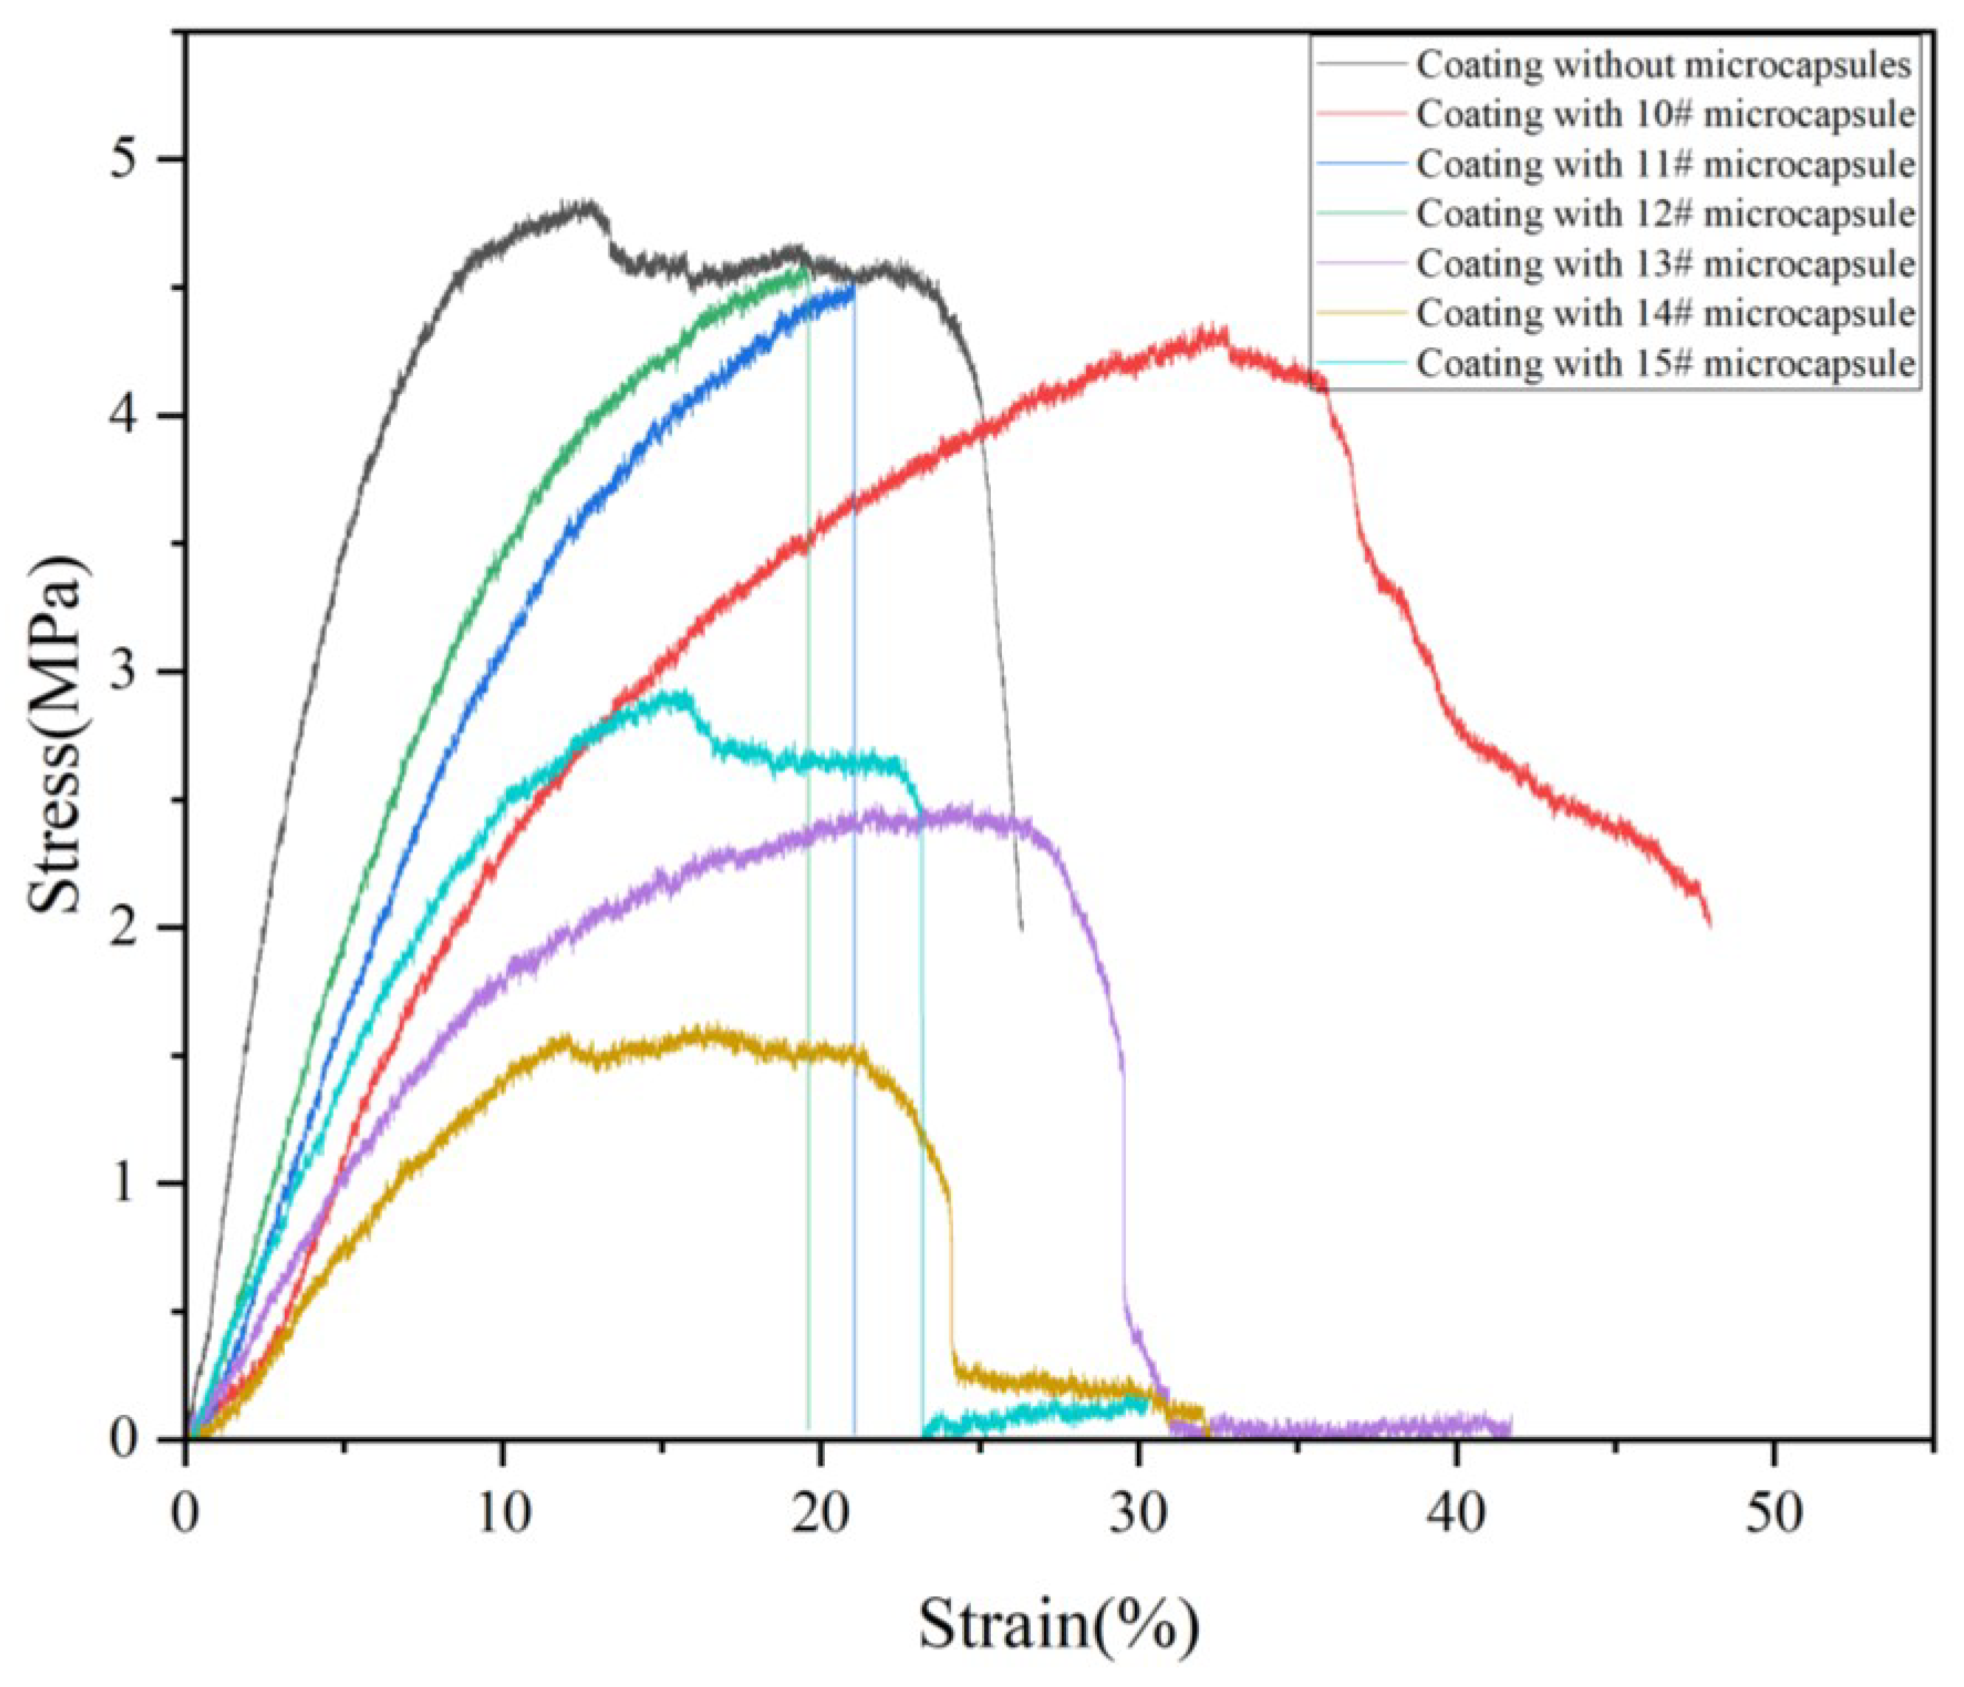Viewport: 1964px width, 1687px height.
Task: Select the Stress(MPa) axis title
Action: coord(57,735)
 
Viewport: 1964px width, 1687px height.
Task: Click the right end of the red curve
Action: coord(1709,924)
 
